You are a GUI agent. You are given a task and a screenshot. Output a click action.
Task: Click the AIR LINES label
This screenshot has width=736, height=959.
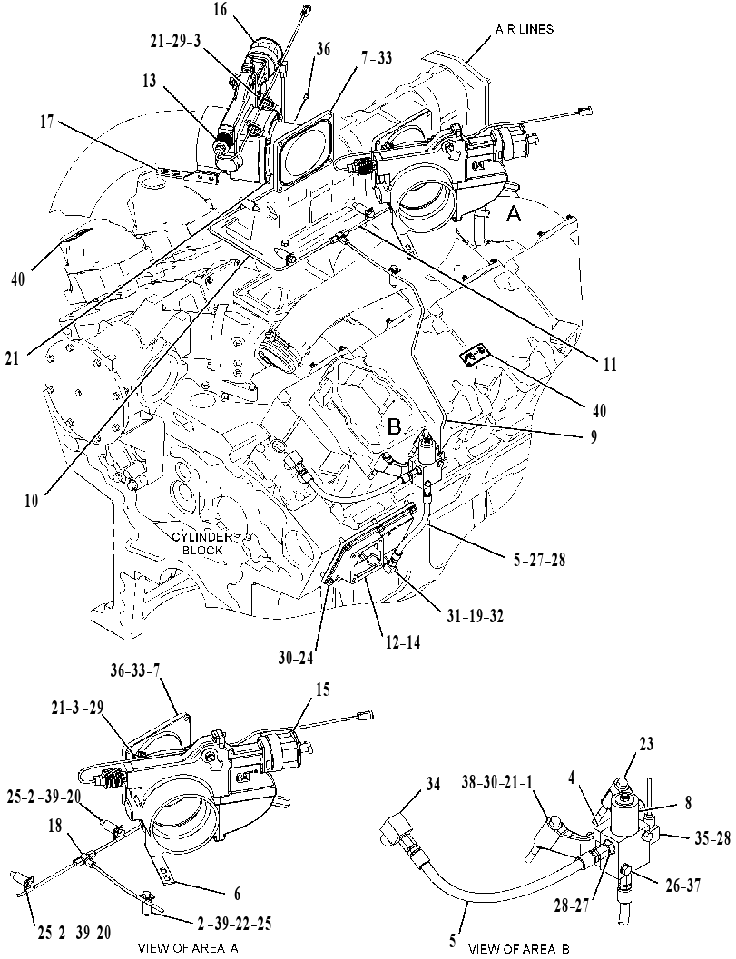click(x=525, y=29)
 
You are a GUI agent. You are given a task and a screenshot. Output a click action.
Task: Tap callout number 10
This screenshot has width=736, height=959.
click(x=31, y=500)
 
